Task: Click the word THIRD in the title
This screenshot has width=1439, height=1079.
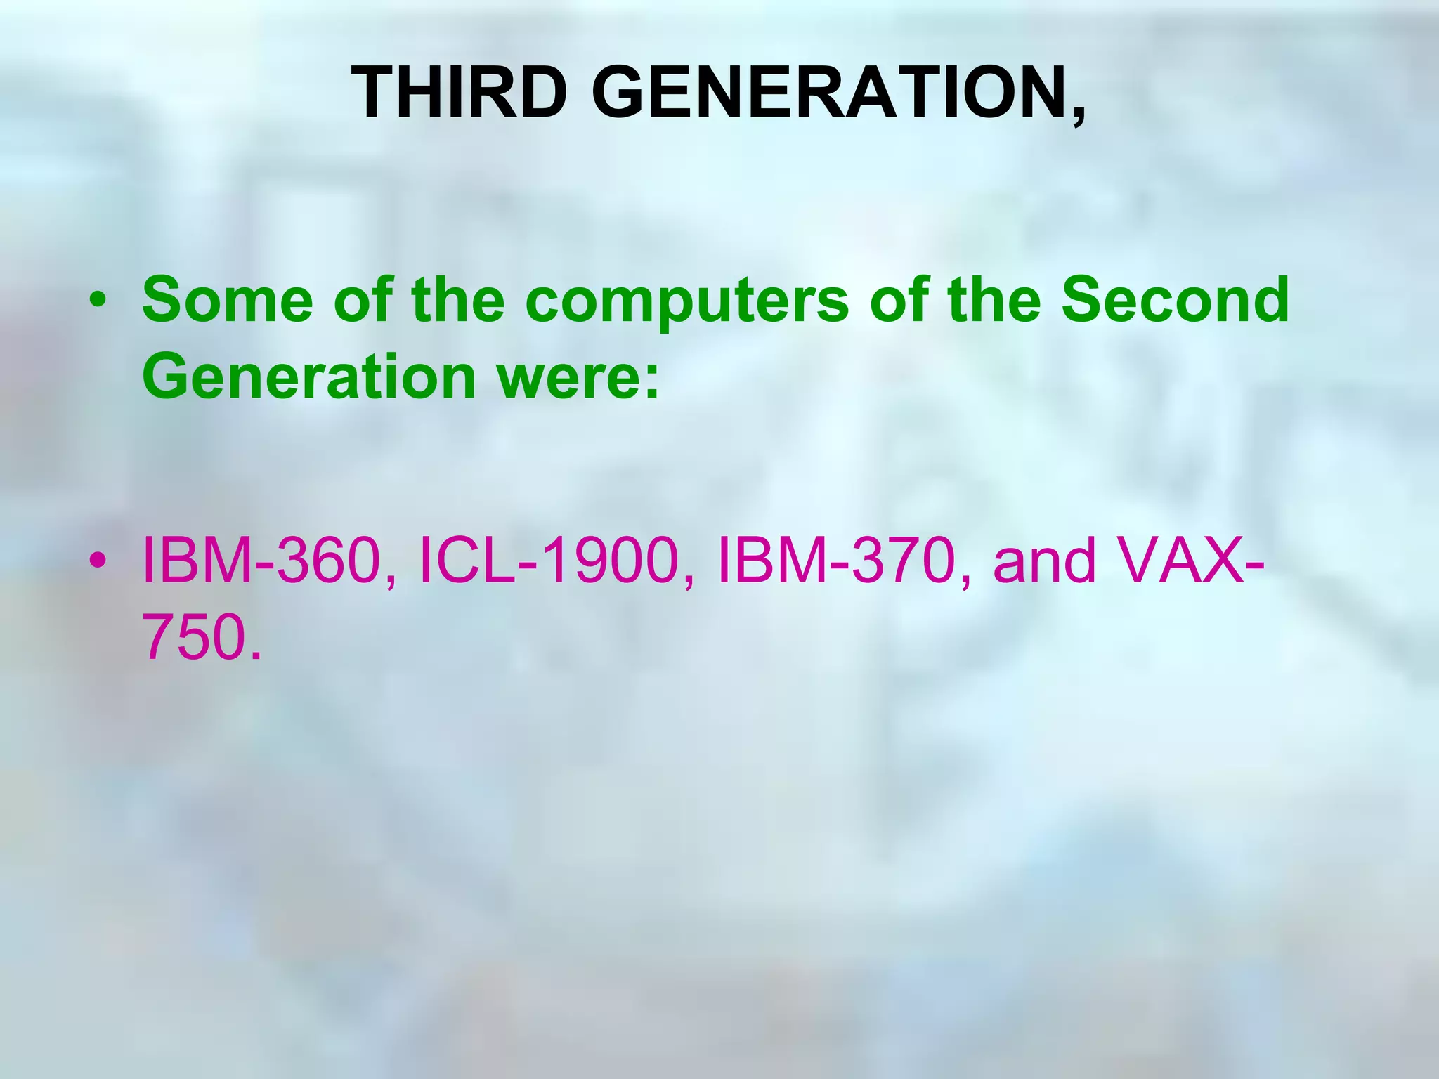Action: [x=459, y=93]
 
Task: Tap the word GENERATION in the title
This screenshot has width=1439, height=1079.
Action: [x=829, y=93]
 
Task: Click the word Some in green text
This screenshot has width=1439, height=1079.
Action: [x=227, y=300]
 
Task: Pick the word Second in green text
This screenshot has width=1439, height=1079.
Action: [x=1175, y=300]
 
